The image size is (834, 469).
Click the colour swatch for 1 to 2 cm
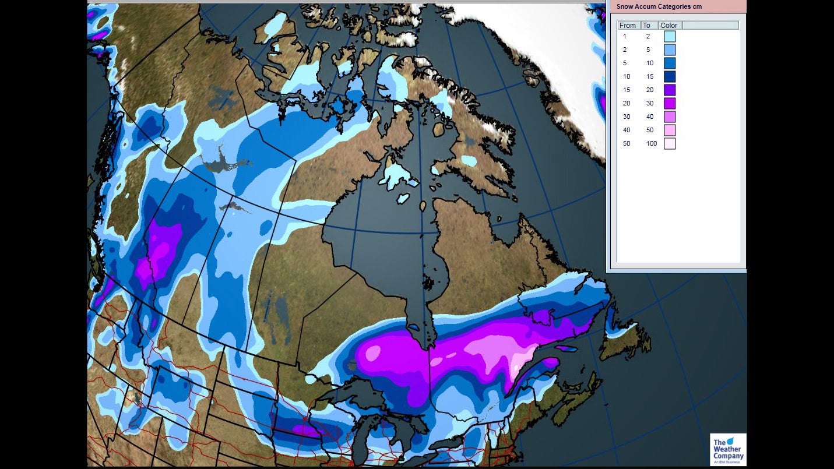click(x=670, y=36)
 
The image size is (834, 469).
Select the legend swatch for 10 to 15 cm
click(x=670, y=76)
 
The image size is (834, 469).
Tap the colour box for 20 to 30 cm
click(x=670, y=103)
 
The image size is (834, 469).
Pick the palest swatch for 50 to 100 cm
click(x=670, y=143)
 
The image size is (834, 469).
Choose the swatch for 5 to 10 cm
click(x=670, y=63)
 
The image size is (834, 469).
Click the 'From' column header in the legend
click(x=628, y=25)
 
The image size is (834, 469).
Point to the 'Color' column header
click(x=669, y=25)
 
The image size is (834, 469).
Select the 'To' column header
click(x=647, y=25)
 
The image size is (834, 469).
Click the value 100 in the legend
click(x=651, y=143)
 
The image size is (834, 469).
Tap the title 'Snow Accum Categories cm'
click(x=659, y=6)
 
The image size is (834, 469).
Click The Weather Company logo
click(x=728, y=449)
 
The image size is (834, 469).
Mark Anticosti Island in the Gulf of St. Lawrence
click(x=566, y=348)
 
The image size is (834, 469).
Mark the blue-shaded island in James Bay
click(x=414, y=327)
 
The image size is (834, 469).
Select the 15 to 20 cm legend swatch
click(x=670, y=90)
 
